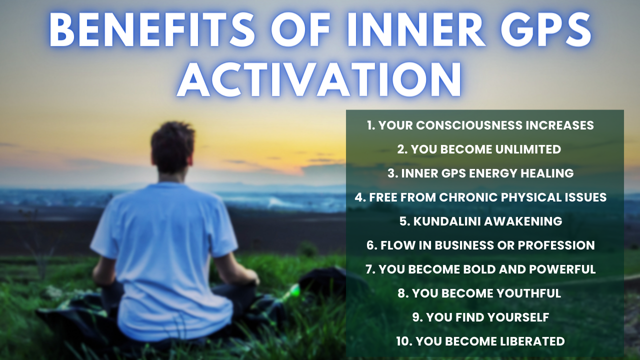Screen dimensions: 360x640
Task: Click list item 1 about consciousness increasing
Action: (480, 125)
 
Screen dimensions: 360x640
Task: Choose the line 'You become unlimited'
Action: (479, 149)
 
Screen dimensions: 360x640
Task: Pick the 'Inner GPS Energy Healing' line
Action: (480, 173)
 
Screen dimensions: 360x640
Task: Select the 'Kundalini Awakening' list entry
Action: (480, 221)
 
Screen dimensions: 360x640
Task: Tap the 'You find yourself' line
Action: (480, 317)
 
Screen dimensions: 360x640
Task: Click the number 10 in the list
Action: (403, 341)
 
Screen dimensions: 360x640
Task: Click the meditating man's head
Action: (172, 147)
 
